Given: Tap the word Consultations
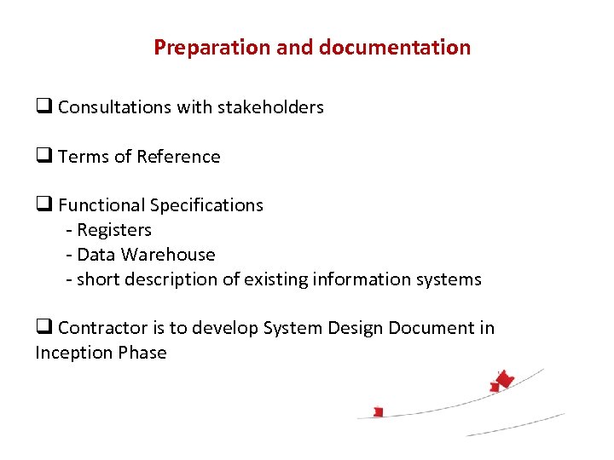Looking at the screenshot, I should tap(115, 107).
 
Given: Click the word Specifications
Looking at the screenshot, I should tap(206, 205).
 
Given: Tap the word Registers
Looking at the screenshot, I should tap(114, 230).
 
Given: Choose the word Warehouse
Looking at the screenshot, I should tap(168, 255).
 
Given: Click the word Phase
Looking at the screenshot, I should tap(144, 353).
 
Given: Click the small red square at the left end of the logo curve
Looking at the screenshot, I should tap(378, 412).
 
